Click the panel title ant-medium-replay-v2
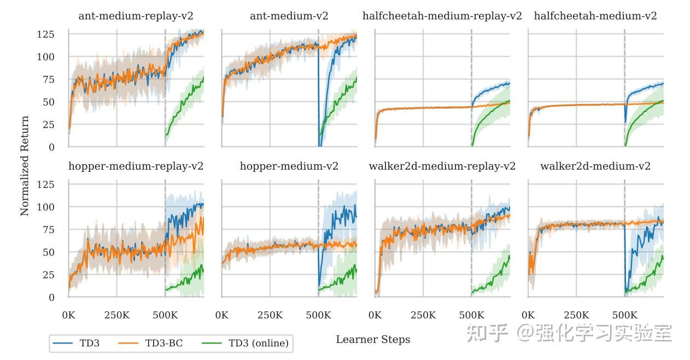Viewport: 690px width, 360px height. (x=136, y=16)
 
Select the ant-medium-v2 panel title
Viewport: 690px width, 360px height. (x=289, y=16)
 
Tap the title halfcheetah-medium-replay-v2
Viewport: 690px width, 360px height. (x=442, y=16)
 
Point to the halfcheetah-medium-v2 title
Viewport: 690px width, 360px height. (x=595, y=16)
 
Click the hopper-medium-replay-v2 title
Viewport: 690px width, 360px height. (x=136, y=166)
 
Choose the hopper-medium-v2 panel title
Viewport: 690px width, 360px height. (x=289, y=166)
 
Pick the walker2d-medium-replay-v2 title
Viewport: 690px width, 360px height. (x=442, y=166)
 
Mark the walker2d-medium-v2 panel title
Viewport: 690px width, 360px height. (x=595, y=166)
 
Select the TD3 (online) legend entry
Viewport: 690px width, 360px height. (x=258, y=344)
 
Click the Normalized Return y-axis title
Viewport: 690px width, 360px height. (x=25, y=166)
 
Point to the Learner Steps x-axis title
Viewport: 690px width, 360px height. (x=373, y=340)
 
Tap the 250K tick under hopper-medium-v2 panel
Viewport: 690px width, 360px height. (x=270, y=316)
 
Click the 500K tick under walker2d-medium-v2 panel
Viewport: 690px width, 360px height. (x=624, y=316)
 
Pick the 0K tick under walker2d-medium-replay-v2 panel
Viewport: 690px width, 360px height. (x=375, y=316)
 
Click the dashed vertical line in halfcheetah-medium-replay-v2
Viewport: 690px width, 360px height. (x=471, y=66)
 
